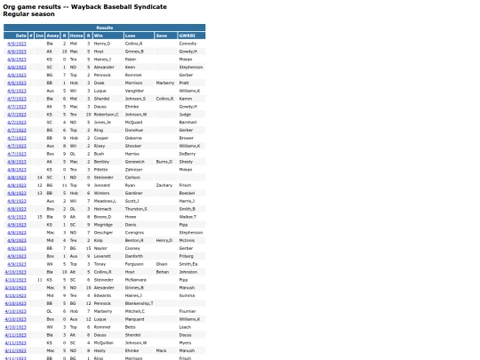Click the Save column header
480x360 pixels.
[x=161, y=35]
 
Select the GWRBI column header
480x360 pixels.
[x=186, y=35]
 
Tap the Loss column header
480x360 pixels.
[x=131, y=35]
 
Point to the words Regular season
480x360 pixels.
[x=22, y=13]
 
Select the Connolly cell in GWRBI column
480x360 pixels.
[x=188, y=43]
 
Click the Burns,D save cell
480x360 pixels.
[x=164, y=161]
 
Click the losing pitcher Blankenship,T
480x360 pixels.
[x=140, y=303]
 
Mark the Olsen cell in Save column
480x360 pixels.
[x=161, y=263]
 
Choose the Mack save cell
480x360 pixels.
[x=160, y=349]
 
